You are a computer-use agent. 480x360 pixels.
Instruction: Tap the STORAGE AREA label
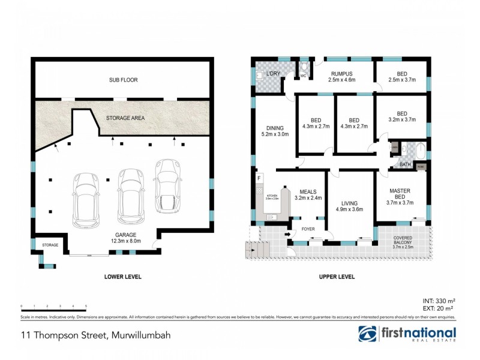tap(125, 118)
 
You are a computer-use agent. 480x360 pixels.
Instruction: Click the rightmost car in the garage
tap(167, 186)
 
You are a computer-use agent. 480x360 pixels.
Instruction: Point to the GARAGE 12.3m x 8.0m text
tap(126, 238)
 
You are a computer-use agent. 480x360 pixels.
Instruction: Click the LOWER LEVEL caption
tap(122, 277)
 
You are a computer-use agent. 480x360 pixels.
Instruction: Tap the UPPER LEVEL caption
tap(338, 277)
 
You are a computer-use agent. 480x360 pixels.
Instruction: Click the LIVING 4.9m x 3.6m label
tap(349, 206)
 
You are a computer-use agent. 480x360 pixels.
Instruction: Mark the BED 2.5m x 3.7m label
tap(401, 76)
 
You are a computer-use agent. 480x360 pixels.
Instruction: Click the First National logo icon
tap(368, 334)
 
